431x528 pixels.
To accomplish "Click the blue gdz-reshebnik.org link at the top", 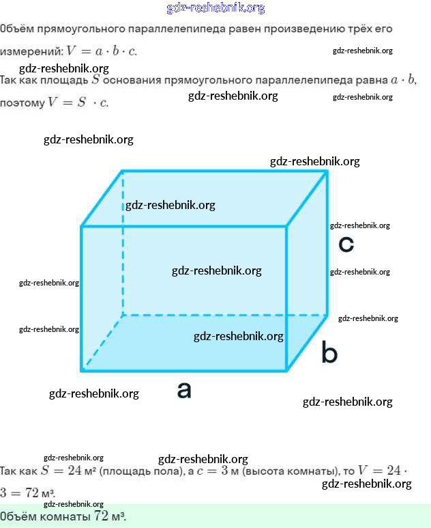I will pyautogui.click(x=215, y=8).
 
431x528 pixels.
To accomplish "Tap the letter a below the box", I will pyautogui.click(x=184, y=390).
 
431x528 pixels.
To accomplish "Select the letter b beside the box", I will pyautogui.click(x=329, y=353).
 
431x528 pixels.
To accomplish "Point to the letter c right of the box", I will pyautogui.click(x=346, y=244).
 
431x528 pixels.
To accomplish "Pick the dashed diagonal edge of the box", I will pyautogui.click(x=102, y=342).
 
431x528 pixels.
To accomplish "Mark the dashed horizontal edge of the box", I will pyautogui.click(x=218, y=315).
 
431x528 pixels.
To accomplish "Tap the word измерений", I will pyautogui.click(x=30, y=52).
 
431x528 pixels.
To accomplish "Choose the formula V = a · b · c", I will pyautogui.click(x=102, y=52).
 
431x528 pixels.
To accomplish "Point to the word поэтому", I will pyautogui.click(x=22, y=103).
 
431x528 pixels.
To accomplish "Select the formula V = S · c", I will pyautogui.click(x=77, y=103).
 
